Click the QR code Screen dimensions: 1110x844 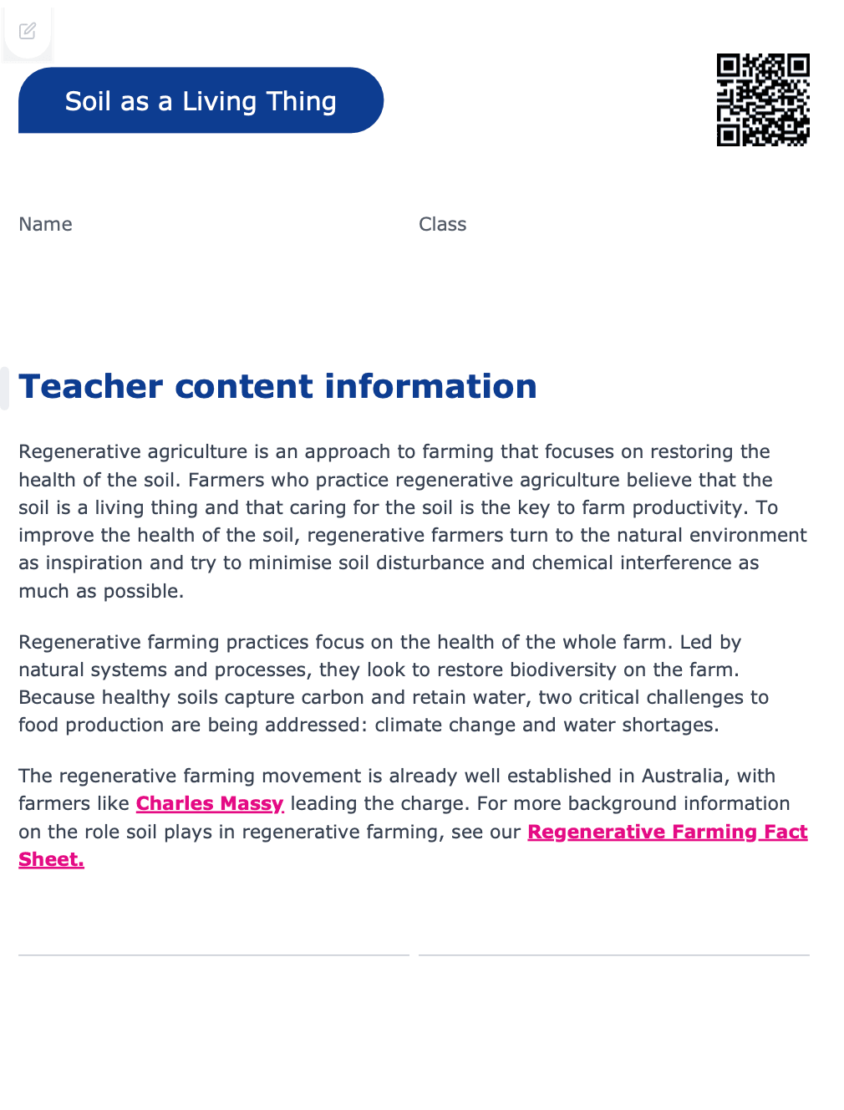(x=762, y=99)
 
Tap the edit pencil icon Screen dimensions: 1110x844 (x=28, y=31)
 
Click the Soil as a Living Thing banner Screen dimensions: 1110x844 (x=201, y=100)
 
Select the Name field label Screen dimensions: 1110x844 (x=45, y=224)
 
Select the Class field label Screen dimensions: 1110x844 (x=442, y=224)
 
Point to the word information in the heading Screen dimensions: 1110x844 (x=430, y=386)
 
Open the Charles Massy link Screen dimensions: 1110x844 (x=210, y=803)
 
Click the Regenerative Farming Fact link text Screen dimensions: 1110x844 (x=667, y=832)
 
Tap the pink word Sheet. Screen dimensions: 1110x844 (x=51, y=859)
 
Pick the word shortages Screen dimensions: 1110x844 (x=671, y=725)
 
